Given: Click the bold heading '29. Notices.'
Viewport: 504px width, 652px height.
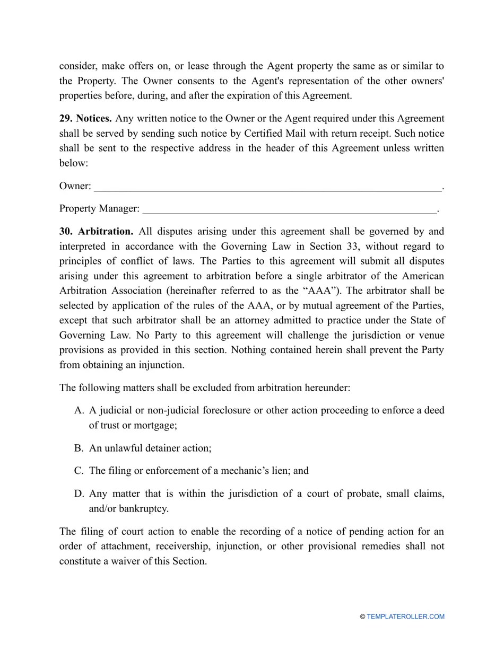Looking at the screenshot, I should [85, 119].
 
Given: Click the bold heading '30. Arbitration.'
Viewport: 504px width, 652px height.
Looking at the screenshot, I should [96, 232].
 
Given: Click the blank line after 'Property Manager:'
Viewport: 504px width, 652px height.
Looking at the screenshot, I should [289, 210].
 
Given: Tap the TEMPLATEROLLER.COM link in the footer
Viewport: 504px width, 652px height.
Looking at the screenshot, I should [405, 616].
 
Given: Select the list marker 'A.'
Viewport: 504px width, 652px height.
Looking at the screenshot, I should [79, 410].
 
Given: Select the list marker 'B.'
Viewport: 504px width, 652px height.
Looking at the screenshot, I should [79, 448].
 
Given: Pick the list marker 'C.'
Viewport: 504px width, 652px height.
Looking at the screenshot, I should [79, 471].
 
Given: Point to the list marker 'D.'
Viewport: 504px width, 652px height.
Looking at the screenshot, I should [79, 494].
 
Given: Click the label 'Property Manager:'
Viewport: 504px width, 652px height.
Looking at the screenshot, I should [99, 209].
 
